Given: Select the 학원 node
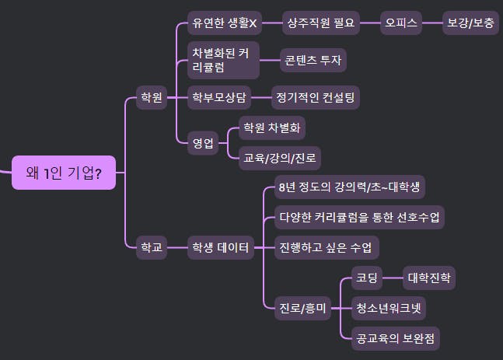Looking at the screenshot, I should point(149,98).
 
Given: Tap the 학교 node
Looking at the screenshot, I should point(149,248).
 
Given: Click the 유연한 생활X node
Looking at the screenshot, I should point(224,23).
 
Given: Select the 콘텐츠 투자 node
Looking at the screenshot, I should point(313,60).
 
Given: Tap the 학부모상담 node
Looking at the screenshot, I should point(220,97).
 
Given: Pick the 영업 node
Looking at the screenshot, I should point(202,142).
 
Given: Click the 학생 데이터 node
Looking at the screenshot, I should point(221,248).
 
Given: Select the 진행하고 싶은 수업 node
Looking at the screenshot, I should point(327,248).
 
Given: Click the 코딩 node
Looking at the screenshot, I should point(366,278).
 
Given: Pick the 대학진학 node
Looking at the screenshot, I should point(428,278).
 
